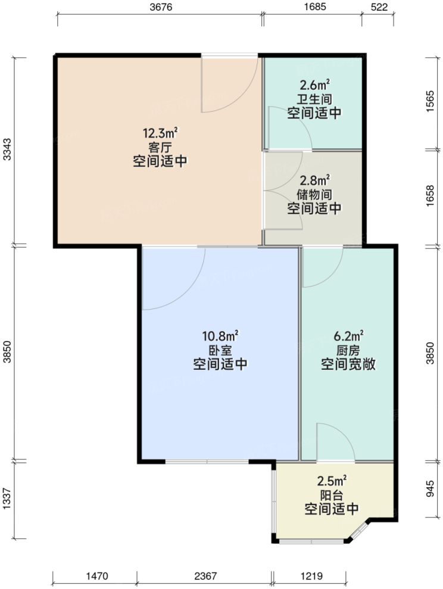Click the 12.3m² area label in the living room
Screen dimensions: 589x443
click(x=157, y=132)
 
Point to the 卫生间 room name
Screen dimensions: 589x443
click(x=314, y=99)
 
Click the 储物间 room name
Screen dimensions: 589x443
click(x=314, y=194)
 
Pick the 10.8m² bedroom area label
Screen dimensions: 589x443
click(x=220, y=336)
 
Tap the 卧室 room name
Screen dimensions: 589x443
click(x=220, y=350)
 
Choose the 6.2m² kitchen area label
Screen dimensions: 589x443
click(x=348, y=336)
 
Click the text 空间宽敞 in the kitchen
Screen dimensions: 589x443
click(x=348, y=364)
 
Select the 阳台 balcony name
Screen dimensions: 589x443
click(x=331, y=494)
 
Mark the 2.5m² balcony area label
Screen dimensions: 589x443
click(x=331, y=480)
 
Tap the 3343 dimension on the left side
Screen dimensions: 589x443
click(x=7, y=150)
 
